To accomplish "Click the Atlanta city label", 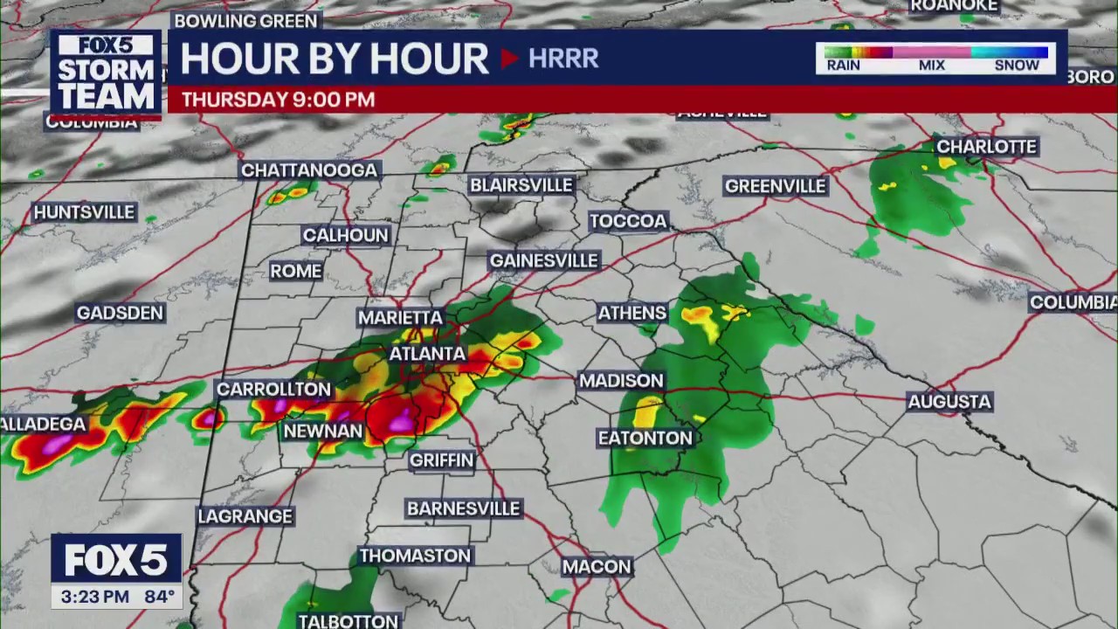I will (427, 354).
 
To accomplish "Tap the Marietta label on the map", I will (400, 318).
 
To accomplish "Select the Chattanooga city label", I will (309, 170).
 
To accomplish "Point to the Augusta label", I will (949, 402).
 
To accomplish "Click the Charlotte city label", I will (986, 147).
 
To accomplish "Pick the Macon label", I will (597, 567).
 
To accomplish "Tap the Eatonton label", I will (645, 439).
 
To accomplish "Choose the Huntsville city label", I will (84, 212).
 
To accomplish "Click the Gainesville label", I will (543, 261).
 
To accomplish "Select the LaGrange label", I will (245, 516).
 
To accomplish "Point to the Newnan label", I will (322, 432).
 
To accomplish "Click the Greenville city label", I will (775, 186).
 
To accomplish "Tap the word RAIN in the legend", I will (843, 66).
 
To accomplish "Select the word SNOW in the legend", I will (1017, 66).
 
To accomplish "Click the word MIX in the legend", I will (931, 66).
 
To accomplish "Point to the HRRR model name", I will (563, 59).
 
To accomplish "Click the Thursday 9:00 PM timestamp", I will (278, 100).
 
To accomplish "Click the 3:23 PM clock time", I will (95, 598).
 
